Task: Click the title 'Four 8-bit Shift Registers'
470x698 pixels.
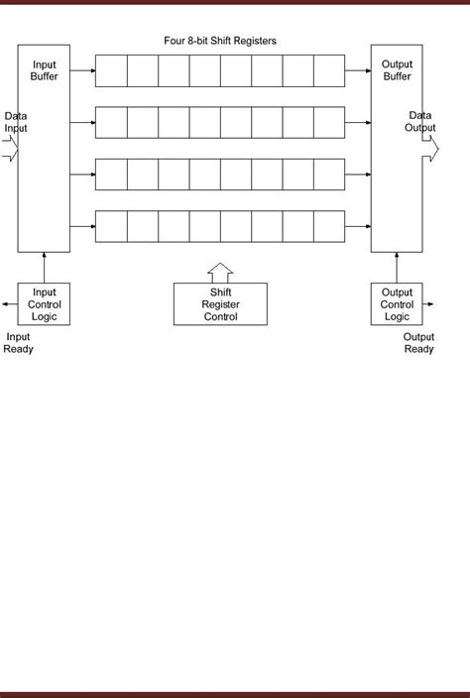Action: click(219, 42)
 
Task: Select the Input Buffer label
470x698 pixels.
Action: click(45, 71)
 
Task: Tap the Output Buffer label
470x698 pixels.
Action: click(397, 71)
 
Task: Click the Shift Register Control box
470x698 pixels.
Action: click(219, 304)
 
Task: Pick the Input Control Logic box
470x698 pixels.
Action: click(45, 304)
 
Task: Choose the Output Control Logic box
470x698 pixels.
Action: click(397, 304)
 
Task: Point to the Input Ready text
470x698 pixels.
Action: click(18, 343)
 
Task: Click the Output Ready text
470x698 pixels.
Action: click(418, 343)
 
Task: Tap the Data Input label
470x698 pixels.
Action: click(16, 122)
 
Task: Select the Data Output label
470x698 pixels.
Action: click(419, 122)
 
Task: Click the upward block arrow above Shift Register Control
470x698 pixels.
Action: click(219, 272)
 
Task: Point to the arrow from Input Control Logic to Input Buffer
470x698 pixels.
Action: click(45, 268)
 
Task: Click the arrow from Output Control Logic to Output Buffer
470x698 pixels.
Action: click(397, 268)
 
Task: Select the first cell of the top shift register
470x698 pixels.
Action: click(111, 70)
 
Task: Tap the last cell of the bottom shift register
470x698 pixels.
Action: click(327, 227)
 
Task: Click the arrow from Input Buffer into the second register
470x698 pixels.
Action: click(83, 123)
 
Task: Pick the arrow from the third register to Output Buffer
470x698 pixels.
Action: click(357, 174)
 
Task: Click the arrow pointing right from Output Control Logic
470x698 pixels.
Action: click(432, 304)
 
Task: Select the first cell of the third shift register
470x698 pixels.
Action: click(111, 174)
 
